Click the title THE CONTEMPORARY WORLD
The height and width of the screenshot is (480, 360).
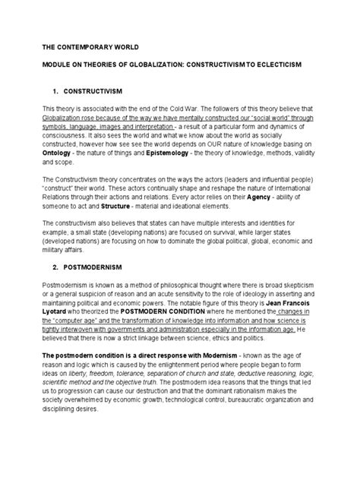coord(83,46)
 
